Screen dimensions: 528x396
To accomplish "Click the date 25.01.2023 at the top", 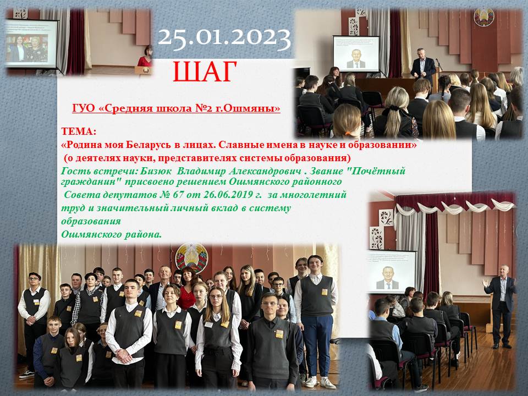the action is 224,38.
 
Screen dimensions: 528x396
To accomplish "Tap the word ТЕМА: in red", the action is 79,131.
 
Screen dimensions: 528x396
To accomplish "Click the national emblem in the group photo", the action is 191,257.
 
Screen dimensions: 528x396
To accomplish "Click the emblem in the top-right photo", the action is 484,17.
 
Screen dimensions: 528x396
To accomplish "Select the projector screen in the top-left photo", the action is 31,43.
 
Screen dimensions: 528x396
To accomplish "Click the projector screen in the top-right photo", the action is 356,53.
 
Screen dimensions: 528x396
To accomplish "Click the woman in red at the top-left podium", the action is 145,57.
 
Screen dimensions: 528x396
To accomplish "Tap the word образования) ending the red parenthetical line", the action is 317,158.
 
